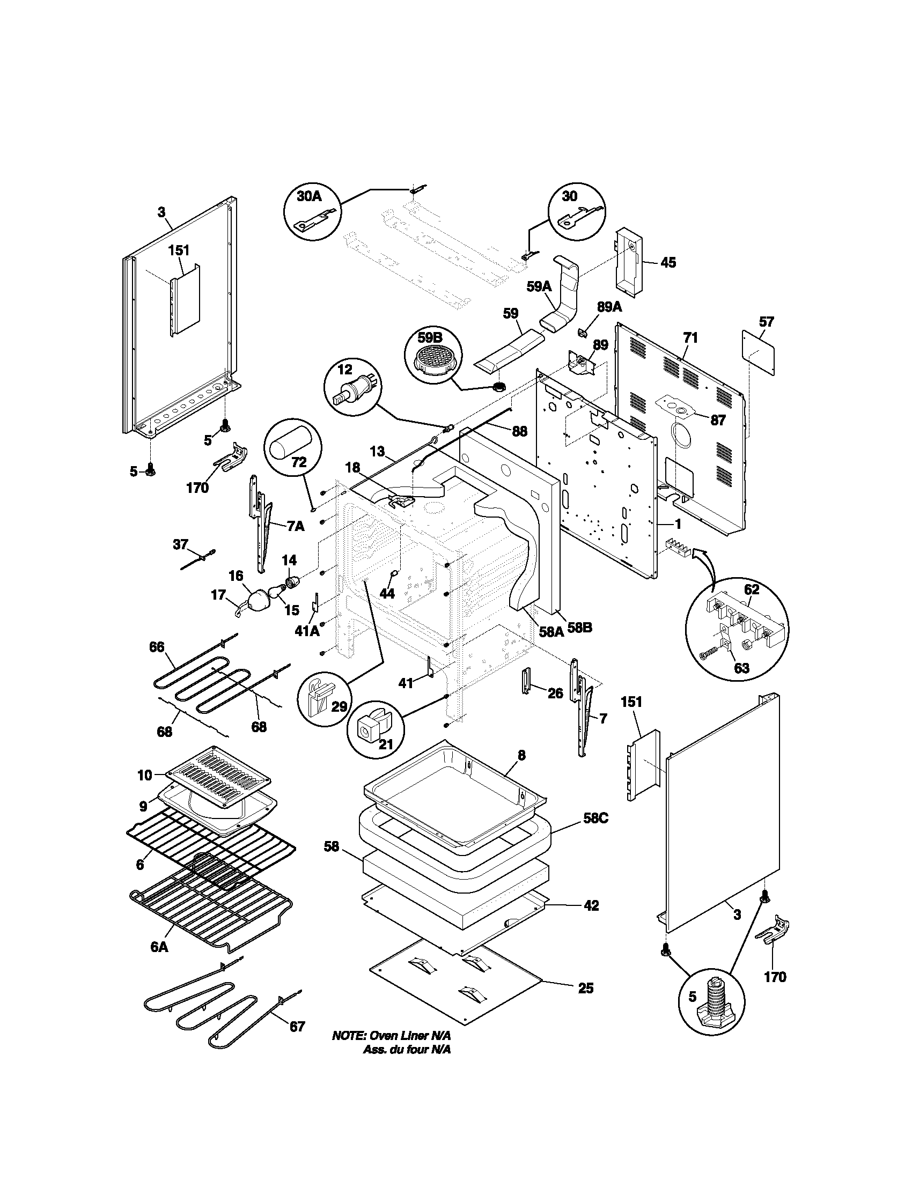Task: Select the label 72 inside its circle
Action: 299,462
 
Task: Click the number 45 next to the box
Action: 668,263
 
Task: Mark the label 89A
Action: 609,307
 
